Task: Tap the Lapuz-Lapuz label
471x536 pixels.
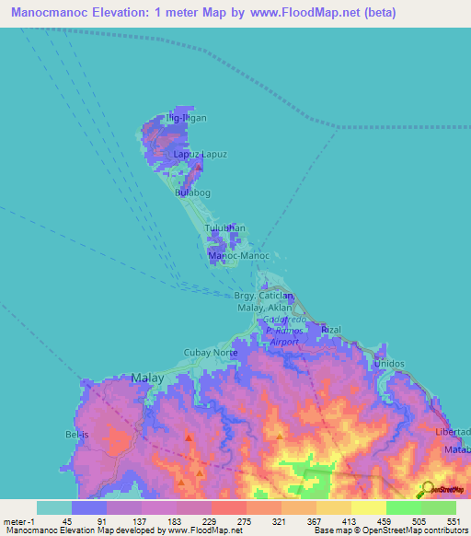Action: [x=201, y=155]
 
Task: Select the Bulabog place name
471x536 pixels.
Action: [x=193, y=193]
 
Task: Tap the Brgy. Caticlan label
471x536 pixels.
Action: [x=263, y=296]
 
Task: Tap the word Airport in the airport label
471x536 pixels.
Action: [x=284, y=342]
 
